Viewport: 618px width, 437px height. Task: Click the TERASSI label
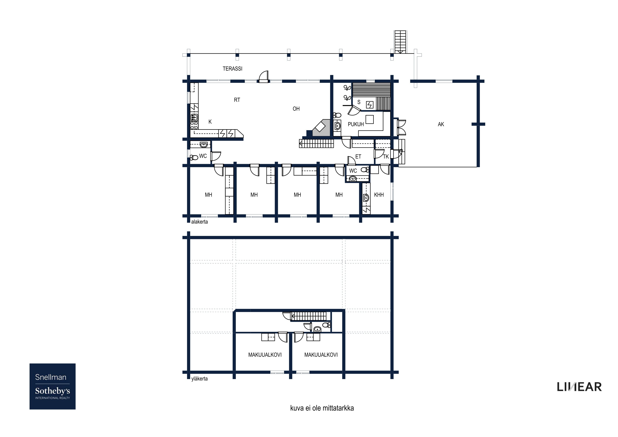(232, 69)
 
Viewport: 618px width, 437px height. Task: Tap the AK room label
(441, 124)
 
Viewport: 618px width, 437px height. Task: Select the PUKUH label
(356, 124)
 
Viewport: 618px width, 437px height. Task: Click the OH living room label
(296, 109)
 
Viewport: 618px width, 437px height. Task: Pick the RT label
(237, 100)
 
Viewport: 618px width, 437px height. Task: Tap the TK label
(386, 157)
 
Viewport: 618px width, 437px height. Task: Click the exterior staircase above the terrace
(400, 42)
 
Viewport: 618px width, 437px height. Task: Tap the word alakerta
(200, 222)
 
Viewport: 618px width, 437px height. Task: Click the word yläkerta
(200, 379)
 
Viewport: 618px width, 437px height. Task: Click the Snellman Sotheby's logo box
(52, 386)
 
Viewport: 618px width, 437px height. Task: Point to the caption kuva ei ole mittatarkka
(322, 408)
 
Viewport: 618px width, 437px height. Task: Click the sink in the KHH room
(366, 198)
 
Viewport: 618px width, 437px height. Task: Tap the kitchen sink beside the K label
(194, 117)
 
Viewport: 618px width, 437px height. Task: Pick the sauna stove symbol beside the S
(370, 105)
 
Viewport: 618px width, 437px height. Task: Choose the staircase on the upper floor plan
(309, 316)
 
